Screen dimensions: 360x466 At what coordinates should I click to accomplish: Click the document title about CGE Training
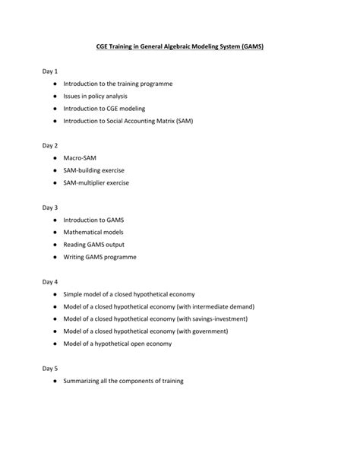pyautogui.click(x=179, y=46)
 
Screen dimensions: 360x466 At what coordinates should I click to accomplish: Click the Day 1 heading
pyautogui.click(x=50, y=71)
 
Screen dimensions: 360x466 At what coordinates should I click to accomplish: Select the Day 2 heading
pyautogui.click(x=50, y=144)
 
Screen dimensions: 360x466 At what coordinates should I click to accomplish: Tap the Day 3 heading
pyautogui.click(x=50, y=207)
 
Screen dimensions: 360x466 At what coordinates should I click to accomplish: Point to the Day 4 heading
pyautogui.click(x=50, y=281)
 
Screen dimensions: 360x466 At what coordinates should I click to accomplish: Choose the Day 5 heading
pyautogui.click(x=50, y=368)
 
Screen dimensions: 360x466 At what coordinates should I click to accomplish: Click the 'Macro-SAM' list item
pyautogui.click(x=80, y=157)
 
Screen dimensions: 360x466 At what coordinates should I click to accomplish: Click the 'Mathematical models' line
pyautogui.click(x=93, y=232)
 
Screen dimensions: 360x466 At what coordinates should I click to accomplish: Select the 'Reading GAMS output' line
pyautogui.click(x=94, y=245)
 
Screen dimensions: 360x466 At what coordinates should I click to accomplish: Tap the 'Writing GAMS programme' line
pyautogui.click(x=100, y=257)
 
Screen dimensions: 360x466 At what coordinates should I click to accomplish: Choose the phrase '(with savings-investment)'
pyautogui.click(x=207, y=319)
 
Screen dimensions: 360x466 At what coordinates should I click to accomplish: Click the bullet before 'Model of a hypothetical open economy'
pyautogui.click(x=55, y=344)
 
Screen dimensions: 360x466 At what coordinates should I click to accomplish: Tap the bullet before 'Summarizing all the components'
pyautogui.click(x=55, y=381)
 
